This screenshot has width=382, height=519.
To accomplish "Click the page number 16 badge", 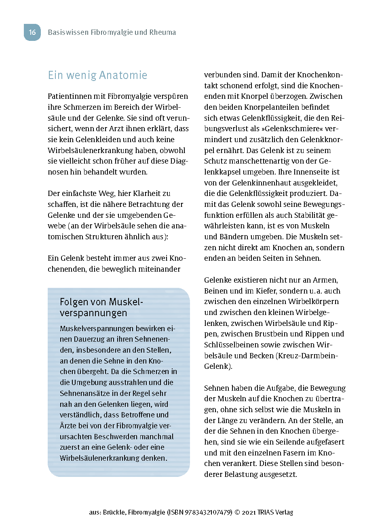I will point(32,32).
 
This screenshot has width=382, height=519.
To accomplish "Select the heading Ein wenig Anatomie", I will point(97,75).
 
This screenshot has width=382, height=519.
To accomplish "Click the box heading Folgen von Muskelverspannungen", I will point(96,307).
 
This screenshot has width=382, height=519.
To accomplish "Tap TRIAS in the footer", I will point(265,512).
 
